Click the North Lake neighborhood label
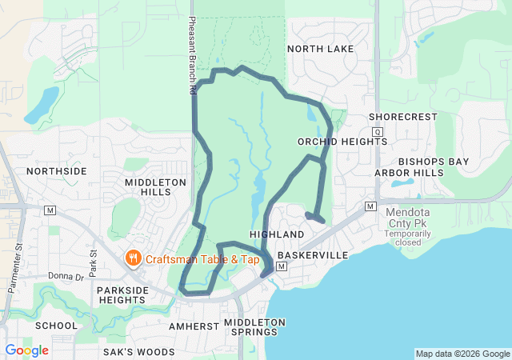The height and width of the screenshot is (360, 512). (x=320, y=49)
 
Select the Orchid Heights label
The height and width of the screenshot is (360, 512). (x=342, y=142)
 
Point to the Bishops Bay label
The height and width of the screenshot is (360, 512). (x=434, y=162)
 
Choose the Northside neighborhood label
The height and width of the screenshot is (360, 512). (x=56, y=171)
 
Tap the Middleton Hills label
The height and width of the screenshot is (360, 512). (x=155, y=188)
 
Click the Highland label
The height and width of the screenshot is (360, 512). (x=277, y=234)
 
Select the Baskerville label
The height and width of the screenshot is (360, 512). (x=313, y=255)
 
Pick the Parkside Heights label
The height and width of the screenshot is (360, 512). (x=123, y=295)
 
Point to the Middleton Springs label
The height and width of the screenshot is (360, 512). (x=254, y=327)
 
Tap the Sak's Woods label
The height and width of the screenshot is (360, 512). (x=138, y=352)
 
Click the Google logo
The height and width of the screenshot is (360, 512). (x=27, y=350)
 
